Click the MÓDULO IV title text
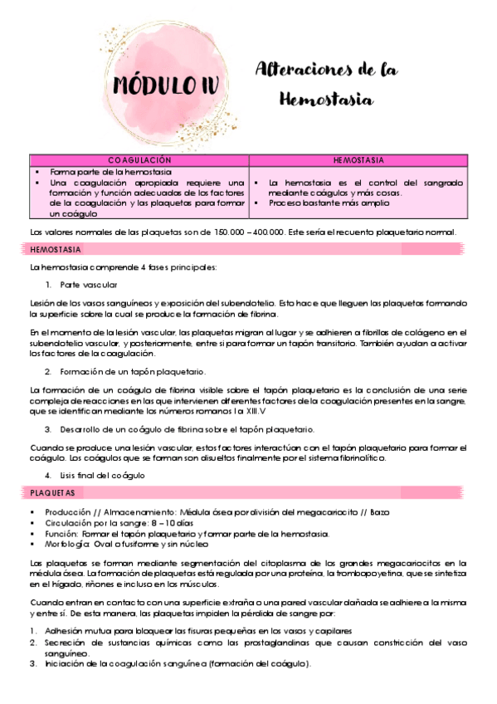click(154, 85)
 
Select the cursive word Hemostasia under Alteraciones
click(327, 100)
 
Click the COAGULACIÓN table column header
click(139, 159)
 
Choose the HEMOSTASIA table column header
click(358, 159)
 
